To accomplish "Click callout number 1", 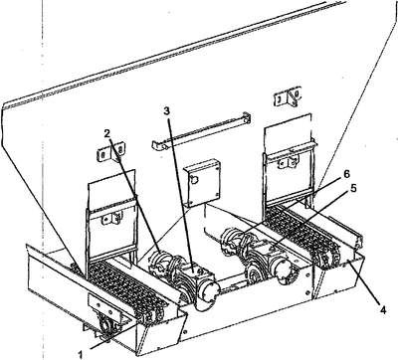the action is [x=80, y=354].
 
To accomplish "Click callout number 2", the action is [x=106, y=133].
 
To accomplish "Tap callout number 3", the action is [x=166, y=111].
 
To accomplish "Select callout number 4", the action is [x=383, y=310].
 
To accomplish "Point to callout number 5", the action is [x=353, y=188].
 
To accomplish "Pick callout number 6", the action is [x=346, y=174].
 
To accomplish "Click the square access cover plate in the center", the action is [x=202, y=182].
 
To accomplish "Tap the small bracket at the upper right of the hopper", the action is [x=288, y=97].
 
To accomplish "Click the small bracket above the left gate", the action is [x=111, y=152].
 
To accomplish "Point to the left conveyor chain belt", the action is [x=126, y=287].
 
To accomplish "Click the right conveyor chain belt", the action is [x=300, y=234].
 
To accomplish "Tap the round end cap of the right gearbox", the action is [x=286, y=271].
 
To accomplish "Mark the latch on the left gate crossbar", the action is [x=111, y=219].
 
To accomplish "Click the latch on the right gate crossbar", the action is [x=288, y=162].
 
